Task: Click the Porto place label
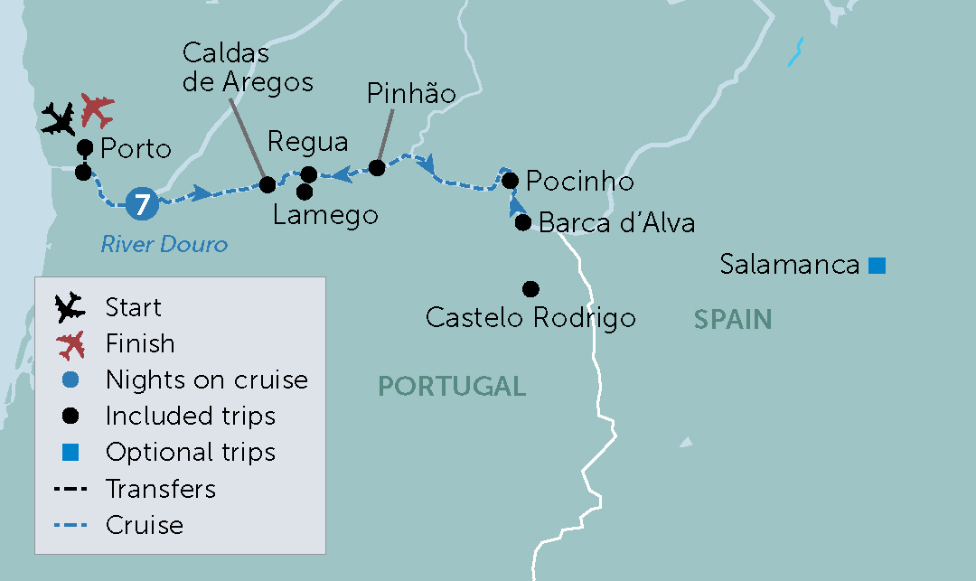(x=136, y=148)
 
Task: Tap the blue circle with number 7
(x=142, y=202)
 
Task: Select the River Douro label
(x=164, y=244)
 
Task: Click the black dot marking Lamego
(x=305, y=192)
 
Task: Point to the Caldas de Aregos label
(x=247, y=68)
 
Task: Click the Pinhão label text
(x=410, y=94)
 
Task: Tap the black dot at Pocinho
(x=511, y=181)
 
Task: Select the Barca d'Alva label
(x=616, y=222)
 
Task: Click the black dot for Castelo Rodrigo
(x=530, y=289)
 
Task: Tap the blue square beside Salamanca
(x=876, y=265)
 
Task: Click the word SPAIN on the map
(x=733, y=319)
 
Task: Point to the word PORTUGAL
(x=452, y=387)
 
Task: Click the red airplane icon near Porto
(x=98, y=110)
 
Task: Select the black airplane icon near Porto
(x=60, y=119)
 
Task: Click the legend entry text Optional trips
(x=190, y=452)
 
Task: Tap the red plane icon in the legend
(x=70, y=344)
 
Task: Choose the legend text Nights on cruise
(x=206, y=380)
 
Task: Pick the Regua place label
(x=308, y=143)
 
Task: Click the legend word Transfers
(x=161, y=489)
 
